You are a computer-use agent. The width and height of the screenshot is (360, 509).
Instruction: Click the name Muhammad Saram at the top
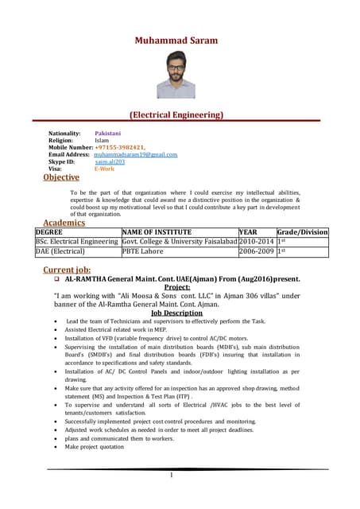coord(176,40)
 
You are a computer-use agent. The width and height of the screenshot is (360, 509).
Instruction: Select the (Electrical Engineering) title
coord(176,115)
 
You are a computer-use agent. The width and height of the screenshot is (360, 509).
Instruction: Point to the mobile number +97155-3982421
coord(119,147)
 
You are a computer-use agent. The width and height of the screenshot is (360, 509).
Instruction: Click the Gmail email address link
coord(135,154)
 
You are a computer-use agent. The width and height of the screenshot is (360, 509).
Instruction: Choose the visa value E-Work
coord(104,169)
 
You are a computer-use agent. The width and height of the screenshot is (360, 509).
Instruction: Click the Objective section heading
coord(61,177)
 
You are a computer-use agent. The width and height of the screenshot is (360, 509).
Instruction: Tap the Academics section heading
coord(64,223)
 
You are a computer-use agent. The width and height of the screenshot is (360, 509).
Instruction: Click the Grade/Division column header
coord(302,232)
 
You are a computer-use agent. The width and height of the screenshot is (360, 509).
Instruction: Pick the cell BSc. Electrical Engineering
coord(76,241)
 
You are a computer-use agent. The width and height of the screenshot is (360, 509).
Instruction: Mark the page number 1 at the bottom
coord(171,475)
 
